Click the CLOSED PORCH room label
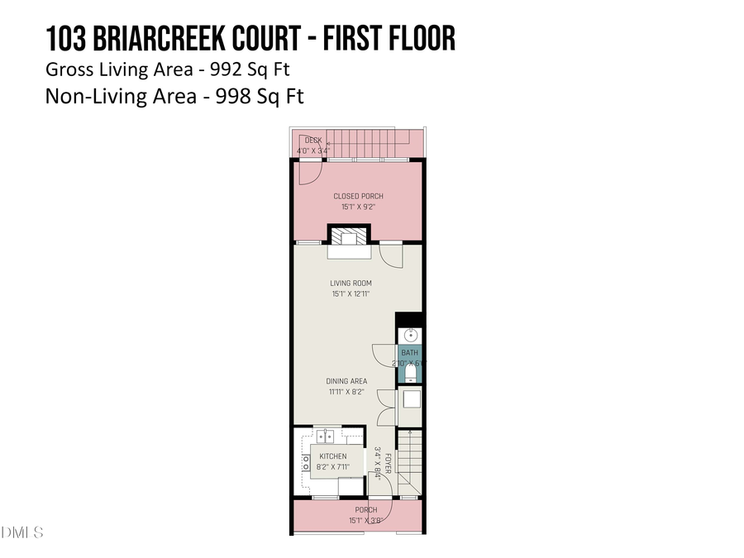point(358,196)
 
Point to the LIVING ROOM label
point(351,284)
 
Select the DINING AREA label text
point(347,381)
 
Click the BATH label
point(410,353)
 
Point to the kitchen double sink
point(323,435)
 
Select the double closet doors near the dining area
point(385,407)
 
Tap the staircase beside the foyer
point(409,463)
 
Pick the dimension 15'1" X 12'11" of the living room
point(351,293)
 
